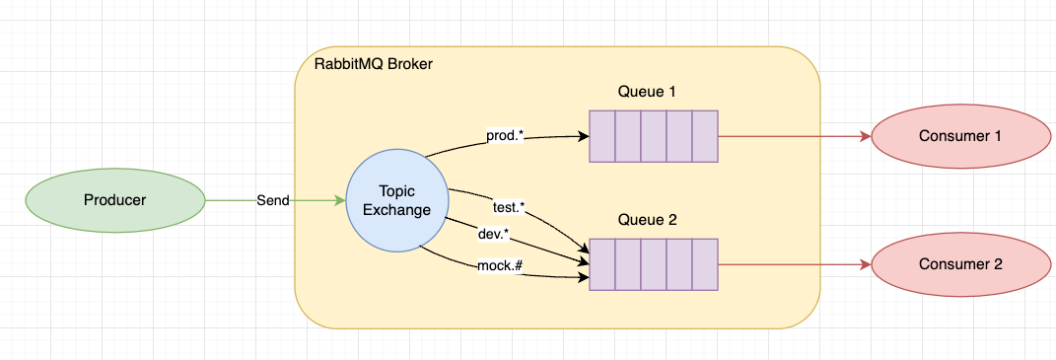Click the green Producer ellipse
[x=114, y=200]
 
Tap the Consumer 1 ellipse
[x=959, y=136]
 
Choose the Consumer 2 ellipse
[x=959, y=264]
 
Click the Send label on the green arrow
[x=273, y=200]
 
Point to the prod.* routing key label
[x=503, y=134]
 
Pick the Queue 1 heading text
[x=647, y=92]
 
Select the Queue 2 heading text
[x=647, y=220]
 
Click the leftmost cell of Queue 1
[x=602, y=136]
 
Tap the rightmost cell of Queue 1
[x=704, y=136]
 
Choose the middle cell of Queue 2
[x=653, y=264]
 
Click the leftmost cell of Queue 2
[x=602, y=264]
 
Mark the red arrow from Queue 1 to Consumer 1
[x=794, y=136]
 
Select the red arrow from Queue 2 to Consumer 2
[x=794, y=264]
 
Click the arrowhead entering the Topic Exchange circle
[x=340, y=200]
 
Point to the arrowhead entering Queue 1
[x=583, y=136]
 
